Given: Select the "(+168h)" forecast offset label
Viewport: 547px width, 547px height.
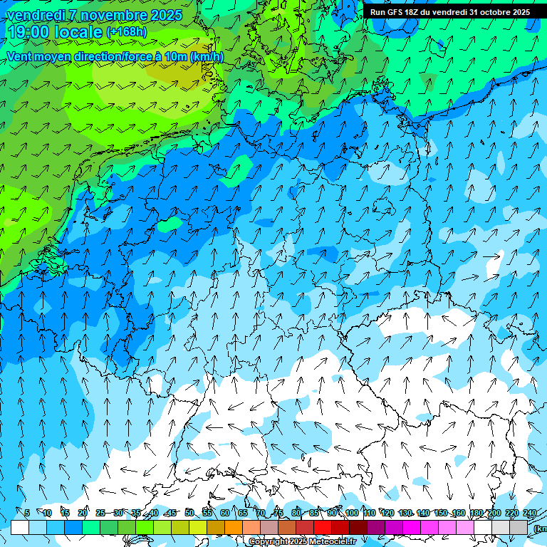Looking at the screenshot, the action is coord(127,32).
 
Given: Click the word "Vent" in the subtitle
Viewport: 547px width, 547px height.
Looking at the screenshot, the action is coord(19,57).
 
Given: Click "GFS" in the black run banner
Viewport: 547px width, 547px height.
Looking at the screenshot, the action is coord(396,12).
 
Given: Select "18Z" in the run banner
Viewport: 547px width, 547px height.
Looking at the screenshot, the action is coord(413,12).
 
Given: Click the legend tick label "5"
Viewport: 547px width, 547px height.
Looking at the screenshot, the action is coord(27,513).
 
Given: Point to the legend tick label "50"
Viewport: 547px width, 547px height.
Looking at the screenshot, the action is coord(189,513).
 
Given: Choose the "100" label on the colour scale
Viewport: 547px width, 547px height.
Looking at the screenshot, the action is coord(351,513).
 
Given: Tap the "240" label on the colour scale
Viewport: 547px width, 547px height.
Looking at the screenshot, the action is coord(530,513).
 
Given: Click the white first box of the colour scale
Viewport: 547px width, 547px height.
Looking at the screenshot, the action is coord(19,527).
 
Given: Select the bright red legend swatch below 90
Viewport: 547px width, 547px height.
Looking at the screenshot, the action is coord(323,527).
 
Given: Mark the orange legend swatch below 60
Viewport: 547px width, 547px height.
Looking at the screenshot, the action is coord(234,527).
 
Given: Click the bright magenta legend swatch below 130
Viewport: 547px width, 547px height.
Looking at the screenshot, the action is coord(412,527).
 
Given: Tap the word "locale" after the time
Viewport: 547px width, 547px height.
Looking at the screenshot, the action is coord(79,32).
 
